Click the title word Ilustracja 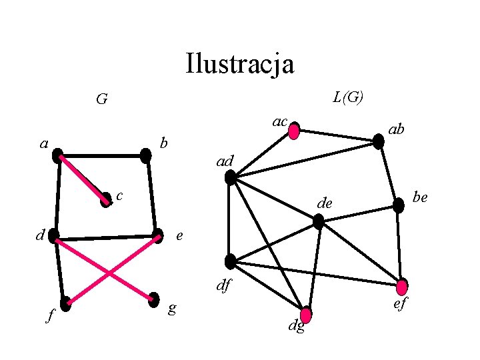coord(240,64)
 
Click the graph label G coord(101,100)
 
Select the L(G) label coord(348,97)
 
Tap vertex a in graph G coord(59,157)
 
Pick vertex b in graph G coord(146,156)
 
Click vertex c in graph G coord(106,199)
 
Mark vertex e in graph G coord(157,235)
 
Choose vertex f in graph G coord(65,304)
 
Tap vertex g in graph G coord(154,299)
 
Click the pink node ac coord(294,130)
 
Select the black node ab coord(379,141)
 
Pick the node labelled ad coord(231,177)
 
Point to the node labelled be coord(398,205)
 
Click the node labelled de coord(319,221)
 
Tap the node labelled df coord(231,261)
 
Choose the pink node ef coord(402,287)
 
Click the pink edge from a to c coord(83,178)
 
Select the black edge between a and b coord(102,157)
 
